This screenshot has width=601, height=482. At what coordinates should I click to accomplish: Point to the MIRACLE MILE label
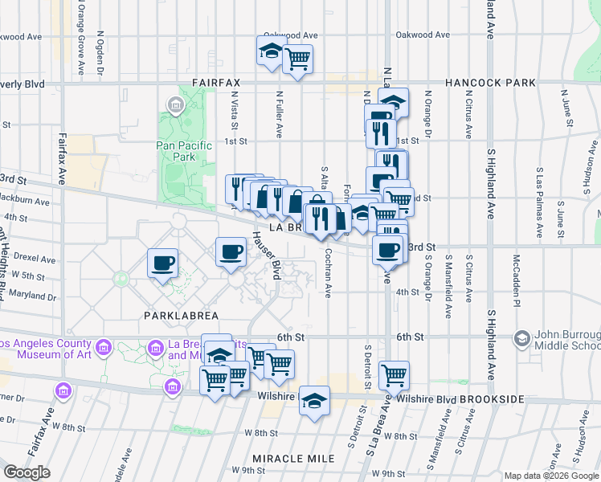(x=293, y=458)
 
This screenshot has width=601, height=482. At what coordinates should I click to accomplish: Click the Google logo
(x=27, y=472)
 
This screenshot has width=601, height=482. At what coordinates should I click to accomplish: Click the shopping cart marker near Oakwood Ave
(x=297, y=59)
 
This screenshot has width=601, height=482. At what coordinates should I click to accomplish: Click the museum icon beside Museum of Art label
(x=103, y=347)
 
